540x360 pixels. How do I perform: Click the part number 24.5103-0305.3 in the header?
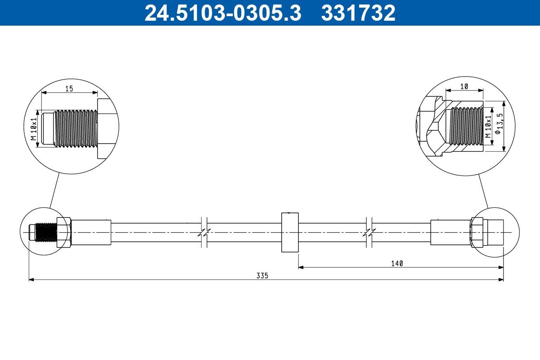(222, 13)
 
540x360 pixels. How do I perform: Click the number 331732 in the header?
(358, 13)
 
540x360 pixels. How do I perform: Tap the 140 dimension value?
(397, 263)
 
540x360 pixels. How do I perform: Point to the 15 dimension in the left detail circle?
(69, 89)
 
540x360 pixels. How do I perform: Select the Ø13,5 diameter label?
(497, 124)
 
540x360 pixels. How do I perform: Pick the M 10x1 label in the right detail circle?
(488, 126)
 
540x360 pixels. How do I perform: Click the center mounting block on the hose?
(290, 232)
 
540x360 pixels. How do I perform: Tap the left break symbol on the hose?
(204, 232)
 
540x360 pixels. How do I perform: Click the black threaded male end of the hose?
(46, 232)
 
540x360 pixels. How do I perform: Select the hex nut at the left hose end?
(64, 232)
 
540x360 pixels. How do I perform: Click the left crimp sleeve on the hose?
(91, 232)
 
